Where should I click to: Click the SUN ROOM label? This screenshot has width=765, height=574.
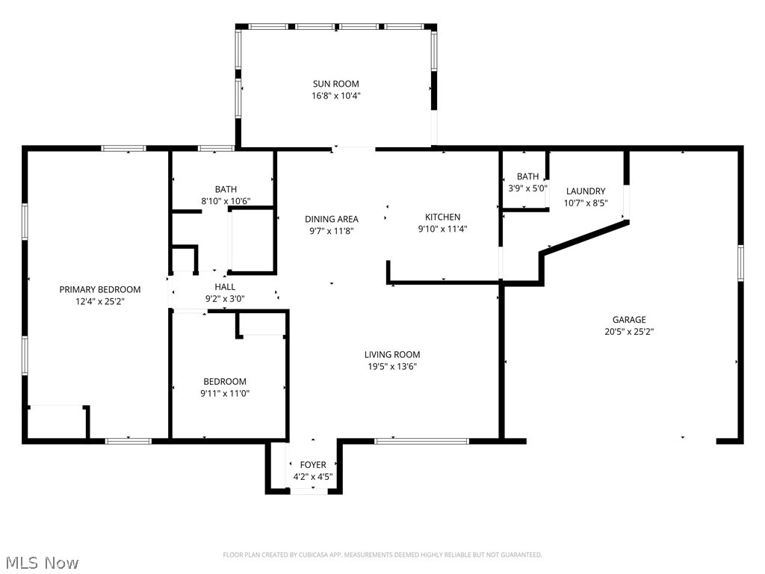(335, 84)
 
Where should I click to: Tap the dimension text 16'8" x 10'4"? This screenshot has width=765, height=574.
(335, 96)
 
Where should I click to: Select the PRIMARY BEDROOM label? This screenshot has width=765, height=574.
(100, 289)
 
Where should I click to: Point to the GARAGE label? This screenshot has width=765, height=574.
(629, 319)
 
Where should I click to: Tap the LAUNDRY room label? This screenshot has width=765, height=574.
(585, 191)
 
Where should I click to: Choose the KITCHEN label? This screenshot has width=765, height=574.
(443, 217)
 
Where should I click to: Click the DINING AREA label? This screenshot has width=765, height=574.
(332, 219)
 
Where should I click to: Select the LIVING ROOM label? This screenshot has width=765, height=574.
(392, 354)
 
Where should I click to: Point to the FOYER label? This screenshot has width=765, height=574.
(313, 465)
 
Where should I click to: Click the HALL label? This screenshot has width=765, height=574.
(225, 286)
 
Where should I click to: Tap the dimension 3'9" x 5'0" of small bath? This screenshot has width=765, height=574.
(527, 188)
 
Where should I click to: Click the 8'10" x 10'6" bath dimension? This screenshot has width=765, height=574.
(225, 201)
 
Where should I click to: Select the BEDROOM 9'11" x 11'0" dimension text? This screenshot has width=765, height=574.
(225, 393)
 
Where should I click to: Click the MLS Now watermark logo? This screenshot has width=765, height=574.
(41, 562)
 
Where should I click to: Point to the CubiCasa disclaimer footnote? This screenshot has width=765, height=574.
(382, 555)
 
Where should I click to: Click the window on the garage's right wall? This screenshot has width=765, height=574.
(740, 262)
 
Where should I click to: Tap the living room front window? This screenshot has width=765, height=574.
(421, 441)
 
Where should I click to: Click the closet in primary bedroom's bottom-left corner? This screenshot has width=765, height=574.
(56, 422)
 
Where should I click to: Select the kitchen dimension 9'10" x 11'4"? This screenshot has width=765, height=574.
(443, 229)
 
